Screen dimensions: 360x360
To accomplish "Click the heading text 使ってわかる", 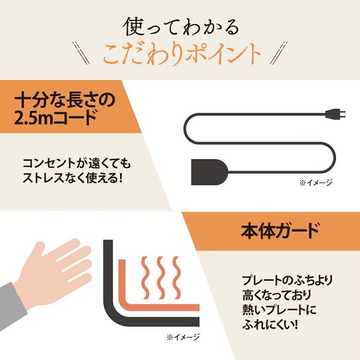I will coord(180,27).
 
